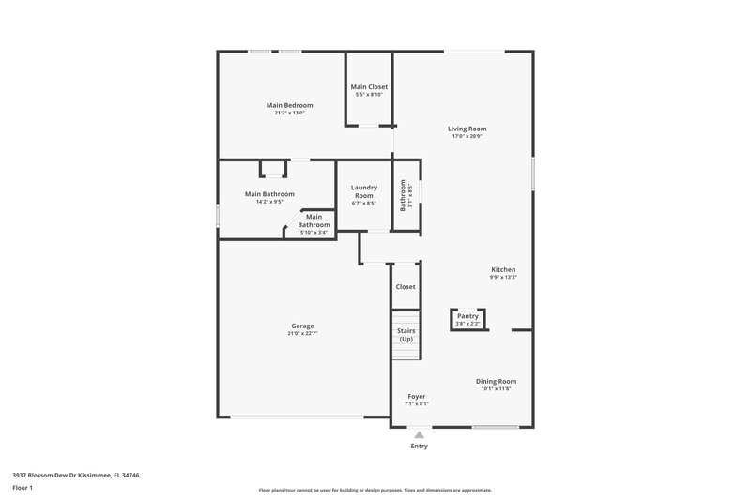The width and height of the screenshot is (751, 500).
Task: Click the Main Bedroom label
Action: [x=289, y=105]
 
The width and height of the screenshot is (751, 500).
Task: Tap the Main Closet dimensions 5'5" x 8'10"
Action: [x=369, y=95]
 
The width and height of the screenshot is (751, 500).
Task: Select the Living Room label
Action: [x=467, y=129]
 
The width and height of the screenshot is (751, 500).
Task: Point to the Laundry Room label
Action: [x=363, y=191]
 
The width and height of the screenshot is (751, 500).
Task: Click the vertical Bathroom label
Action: [x=403, y=195]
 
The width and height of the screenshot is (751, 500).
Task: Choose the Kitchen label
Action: [x=503, y=269]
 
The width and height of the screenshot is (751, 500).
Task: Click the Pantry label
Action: [x=467, y=316]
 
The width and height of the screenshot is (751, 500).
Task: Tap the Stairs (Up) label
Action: [x=406, y=335]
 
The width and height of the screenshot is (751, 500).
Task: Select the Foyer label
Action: [x=416, y=396]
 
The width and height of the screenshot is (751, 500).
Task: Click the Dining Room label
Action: [x=496, y=381]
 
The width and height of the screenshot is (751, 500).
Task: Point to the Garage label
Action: [x=301, y=326]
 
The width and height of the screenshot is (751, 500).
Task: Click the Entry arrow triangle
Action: [x=420, y=434]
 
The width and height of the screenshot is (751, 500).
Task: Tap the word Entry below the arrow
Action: [x=420, y=446]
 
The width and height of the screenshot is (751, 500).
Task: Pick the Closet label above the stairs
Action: [x=406, y=287]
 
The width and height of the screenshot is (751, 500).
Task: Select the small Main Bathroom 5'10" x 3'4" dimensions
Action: [x=314, y=233]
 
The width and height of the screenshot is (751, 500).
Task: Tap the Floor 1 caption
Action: [x=23, y=489]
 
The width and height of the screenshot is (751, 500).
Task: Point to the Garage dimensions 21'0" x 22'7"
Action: [x=301, y=333]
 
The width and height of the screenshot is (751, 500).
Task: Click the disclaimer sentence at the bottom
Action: [x=375, y=490]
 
